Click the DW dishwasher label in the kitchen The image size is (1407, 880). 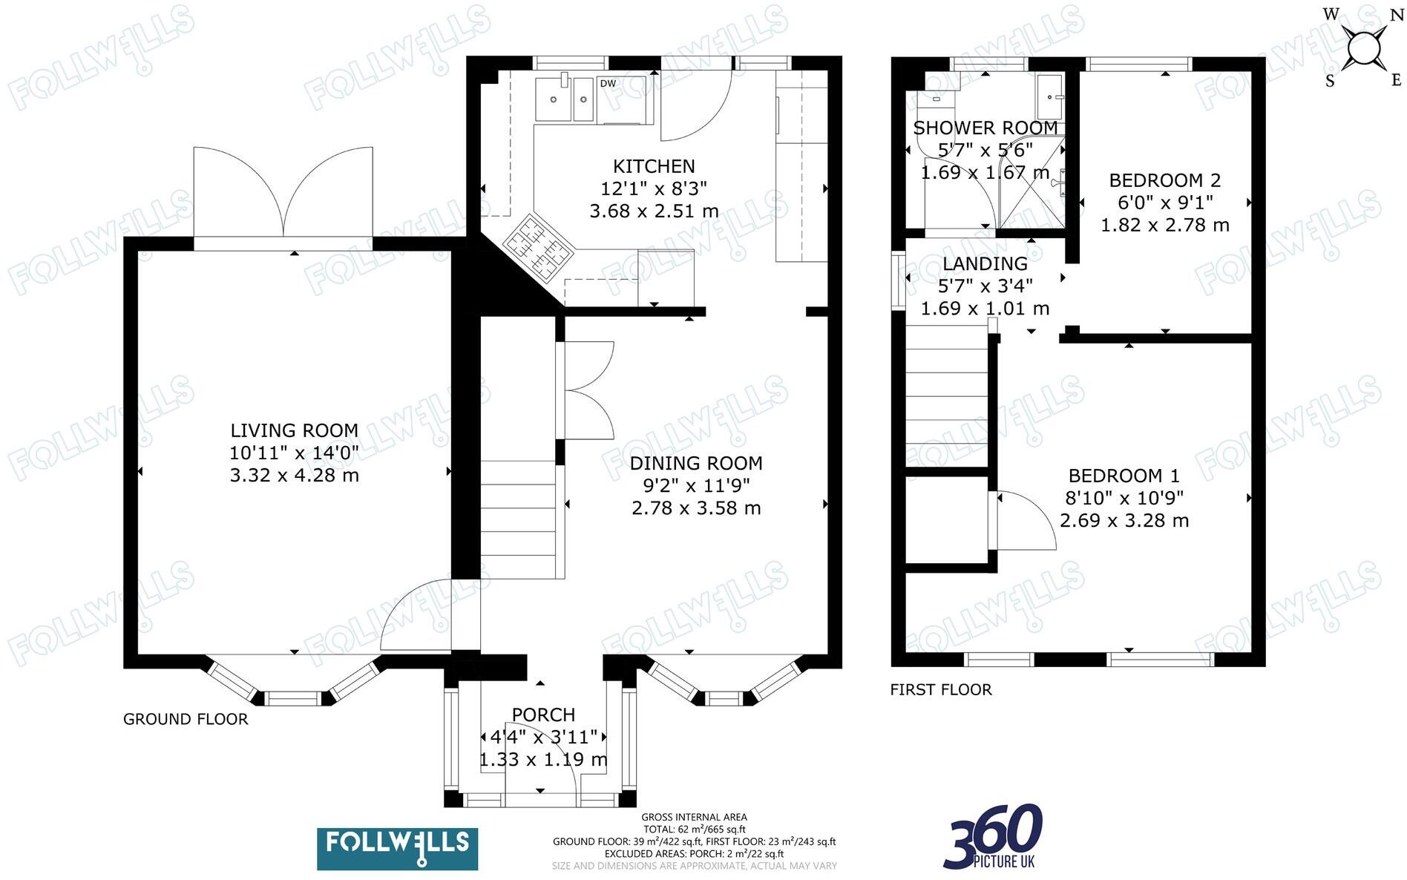608,84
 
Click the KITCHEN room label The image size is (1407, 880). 654,166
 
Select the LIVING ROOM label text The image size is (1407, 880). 294,430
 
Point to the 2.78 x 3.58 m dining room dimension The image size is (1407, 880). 696,508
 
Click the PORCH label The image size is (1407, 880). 543,715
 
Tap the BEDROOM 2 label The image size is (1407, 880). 1164,180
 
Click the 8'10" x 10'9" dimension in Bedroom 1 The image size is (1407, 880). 1124,498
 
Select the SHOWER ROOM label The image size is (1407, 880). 985,128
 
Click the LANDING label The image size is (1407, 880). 985,263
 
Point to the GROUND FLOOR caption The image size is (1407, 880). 186,719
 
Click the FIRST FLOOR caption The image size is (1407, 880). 940,689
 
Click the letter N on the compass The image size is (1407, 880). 1396,16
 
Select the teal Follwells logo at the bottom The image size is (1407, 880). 397,848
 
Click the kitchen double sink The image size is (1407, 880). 564,99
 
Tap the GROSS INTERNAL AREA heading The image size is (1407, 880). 694,817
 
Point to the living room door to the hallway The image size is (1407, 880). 416,616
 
